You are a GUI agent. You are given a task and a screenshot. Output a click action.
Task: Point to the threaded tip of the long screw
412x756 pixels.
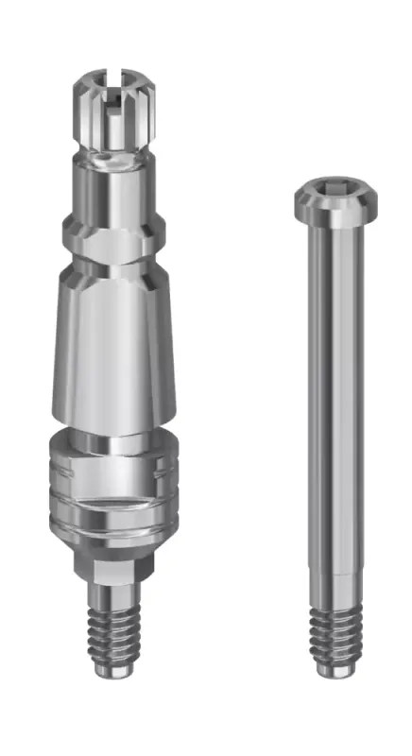point(335,634)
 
